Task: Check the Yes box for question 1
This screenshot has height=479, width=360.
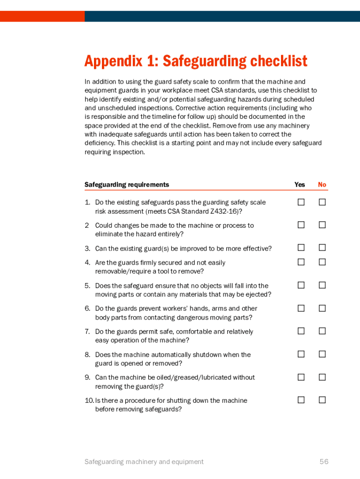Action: point(301,202)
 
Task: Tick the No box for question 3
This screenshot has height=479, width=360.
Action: point(322,247)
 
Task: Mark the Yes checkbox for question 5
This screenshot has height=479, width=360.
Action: point(301,285)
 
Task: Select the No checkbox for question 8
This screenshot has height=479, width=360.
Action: point(322,354)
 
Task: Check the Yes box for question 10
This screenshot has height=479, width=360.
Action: point(301,400)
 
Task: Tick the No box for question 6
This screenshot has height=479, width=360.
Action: point(322,308)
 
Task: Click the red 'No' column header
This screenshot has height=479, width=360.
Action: point(322,185)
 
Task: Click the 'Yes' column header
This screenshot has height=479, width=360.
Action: point(300,185)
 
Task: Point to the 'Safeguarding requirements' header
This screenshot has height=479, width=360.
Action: point(127,185)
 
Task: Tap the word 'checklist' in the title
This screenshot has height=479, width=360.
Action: point(279,61)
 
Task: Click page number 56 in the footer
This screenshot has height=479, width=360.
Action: point(324,462)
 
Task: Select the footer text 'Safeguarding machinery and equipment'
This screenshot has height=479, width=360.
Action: point(144,462)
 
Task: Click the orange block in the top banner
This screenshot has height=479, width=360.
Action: point(42,16)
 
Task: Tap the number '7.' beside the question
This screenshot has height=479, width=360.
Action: point(87,332)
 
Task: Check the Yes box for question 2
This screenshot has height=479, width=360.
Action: point(301,225)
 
